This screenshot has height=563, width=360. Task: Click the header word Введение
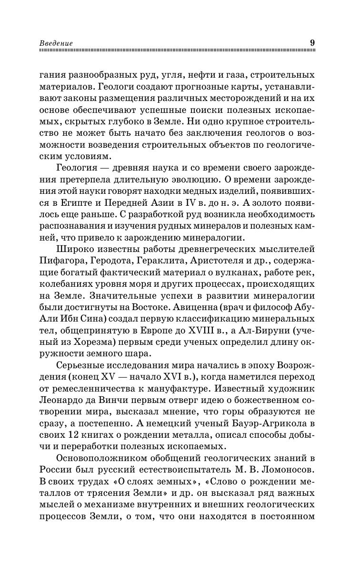coord(56,43)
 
